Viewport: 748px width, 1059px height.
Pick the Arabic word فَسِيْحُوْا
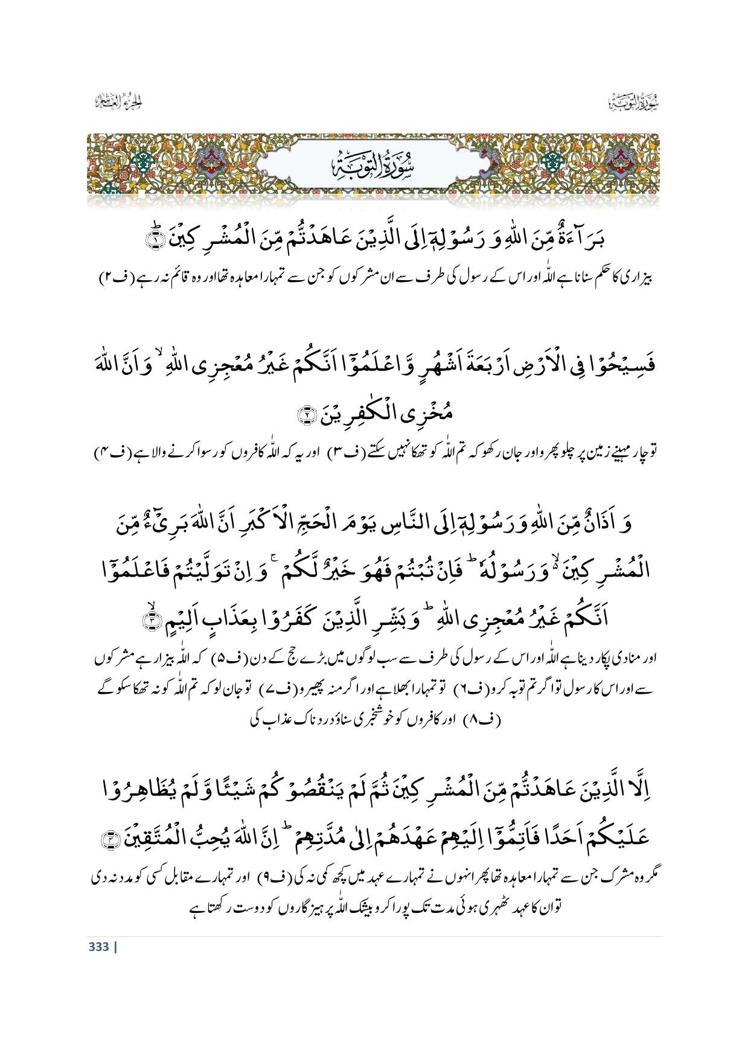pos(627,366)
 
